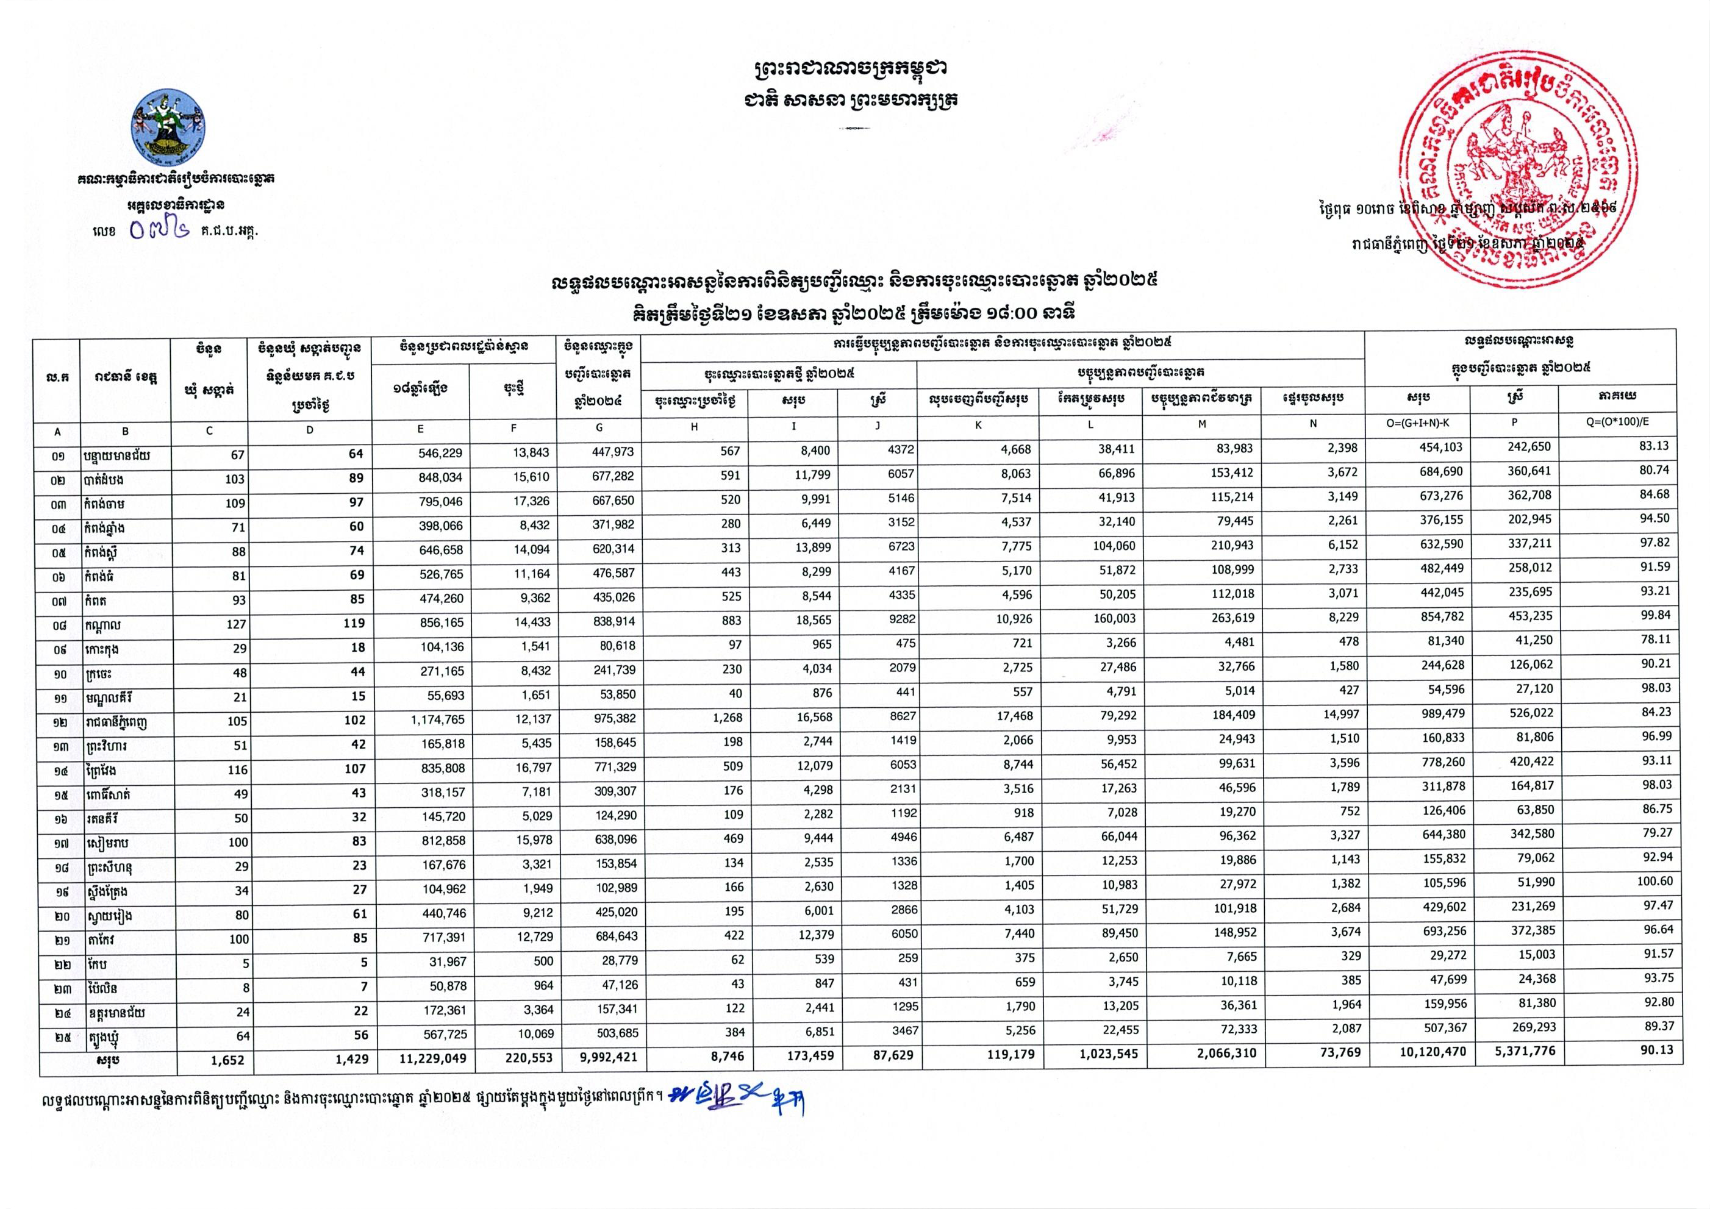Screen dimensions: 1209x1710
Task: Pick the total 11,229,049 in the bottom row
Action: (425, 1058)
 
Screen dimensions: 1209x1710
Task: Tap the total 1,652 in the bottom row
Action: (226, 1060)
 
